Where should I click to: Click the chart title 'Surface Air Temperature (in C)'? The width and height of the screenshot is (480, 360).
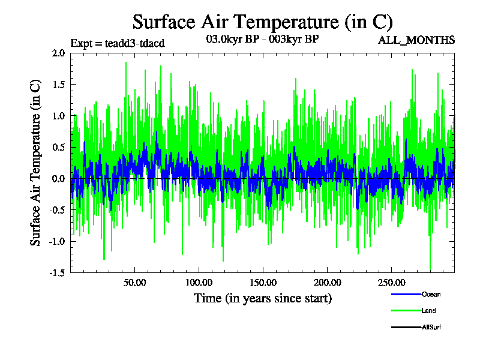tap(262, 22)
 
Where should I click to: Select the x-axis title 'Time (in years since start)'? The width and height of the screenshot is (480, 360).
tap(262, 298)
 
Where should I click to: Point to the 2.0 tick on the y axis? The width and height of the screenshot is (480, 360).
tap(58, 53)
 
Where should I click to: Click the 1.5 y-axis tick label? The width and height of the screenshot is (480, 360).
tap(58, 84)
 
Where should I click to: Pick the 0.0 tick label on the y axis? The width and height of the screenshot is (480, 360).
tap(58, 178)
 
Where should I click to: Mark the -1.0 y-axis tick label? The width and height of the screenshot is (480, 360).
tap(57, 241)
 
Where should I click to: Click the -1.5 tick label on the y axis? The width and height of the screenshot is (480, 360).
tap(57, 272)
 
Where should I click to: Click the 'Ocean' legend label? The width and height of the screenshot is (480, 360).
tap(431, 294)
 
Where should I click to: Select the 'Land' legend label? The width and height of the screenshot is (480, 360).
tap(429, 311)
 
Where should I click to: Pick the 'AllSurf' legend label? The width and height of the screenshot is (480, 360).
tap(432, 327)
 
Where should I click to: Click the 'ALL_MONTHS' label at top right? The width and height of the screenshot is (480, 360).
tap(416, 40)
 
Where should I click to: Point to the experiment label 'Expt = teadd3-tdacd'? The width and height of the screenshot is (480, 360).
tap(117, 43)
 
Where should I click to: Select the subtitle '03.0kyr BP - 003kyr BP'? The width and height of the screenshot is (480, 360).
tap(262, 40)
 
